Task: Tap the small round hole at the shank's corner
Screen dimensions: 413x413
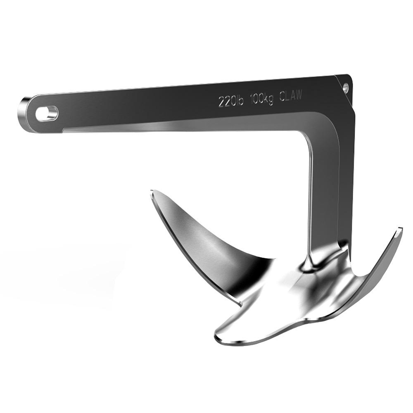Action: coord(345,87)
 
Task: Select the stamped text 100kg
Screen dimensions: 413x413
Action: coord(261,99)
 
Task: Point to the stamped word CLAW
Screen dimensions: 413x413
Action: coord(291,96)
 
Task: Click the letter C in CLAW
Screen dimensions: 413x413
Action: coord(282,97)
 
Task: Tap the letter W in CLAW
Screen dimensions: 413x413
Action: coord(299,95)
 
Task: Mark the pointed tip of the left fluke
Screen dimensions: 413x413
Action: coord(152,191)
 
